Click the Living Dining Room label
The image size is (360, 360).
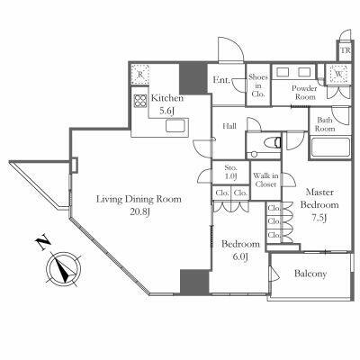(x=139, y=199)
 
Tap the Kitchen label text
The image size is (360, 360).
(x=166, y=98)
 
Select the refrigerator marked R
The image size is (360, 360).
(x=140, y=74)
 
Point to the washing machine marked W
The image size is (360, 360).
(x=338, y=74)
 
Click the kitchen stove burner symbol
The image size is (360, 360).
(x=140, y=101)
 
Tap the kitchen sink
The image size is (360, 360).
(x=175, y=126)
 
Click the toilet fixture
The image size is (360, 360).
(x=273, y=142)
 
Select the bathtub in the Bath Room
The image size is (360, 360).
(x=330, y=147)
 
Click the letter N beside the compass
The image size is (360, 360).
(x=42, y=243)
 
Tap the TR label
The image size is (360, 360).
(x=345, y=50)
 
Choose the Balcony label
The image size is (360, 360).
(x=310, y=274)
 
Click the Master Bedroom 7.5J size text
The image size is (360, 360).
(x=319, y=218)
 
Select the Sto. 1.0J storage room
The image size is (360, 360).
(x=230, y=172)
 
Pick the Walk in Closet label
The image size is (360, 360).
(x=265, y=180)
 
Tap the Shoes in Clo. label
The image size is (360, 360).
(x=258, y=85)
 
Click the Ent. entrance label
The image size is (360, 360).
(x=221, y=80)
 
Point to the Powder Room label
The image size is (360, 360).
(x=304, y=93)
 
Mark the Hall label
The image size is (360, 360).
(x=229, y=126)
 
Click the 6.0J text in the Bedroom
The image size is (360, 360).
(x=240, y=256)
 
